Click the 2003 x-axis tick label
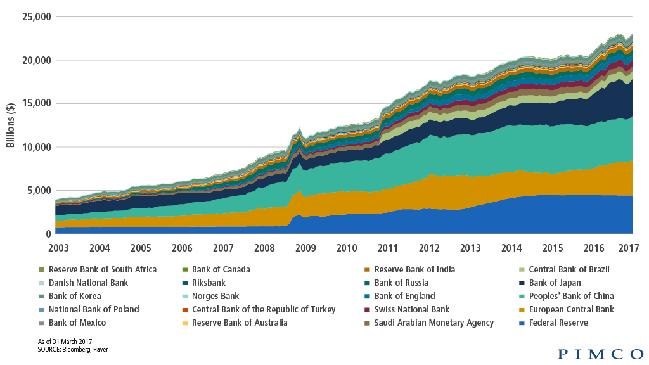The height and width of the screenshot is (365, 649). point(56,247)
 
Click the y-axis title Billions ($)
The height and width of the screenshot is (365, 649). point(11,125)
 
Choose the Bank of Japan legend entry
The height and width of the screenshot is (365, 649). point(555,283)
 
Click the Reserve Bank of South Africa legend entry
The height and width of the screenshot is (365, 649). point(102,269)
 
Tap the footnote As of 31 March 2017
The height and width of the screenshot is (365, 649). point(65,342)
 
